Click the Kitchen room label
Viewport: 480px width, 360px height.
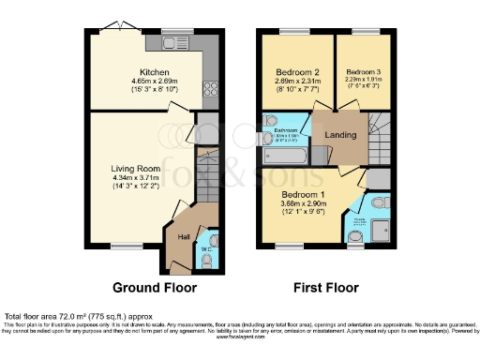[x=154, y=71]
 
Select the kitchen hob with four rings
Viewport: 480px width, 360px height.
[x=208, y=91]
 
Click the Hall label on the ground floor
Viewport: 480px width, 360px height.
[x=184, y=236]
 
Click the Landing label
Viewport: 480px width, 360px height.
[x=339, y=134]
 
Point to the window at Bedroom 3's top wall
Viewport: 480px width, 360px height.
[x=360, y=33]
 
